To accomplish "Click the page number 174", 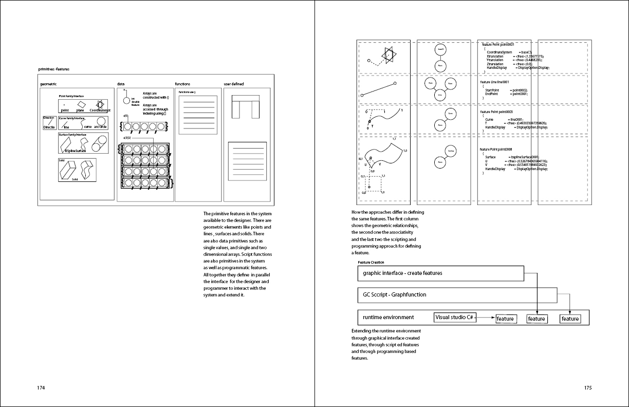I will (42, 388).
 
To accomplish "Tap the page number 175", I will (588, 388).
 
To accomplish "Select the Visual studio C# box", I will (454, 318).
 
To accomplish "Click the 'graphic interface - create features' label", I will (402, 273).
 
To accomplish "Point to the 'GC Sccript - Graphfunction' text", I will (394, 295).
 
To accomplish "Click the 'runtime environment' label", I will (388, 318).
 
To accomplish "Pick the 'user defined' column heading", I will (233, 84).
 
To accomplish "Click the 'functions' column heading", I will (182, 84).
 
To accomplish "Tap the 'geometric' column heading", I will (48, 84).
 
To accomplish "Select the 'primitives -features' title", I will (54, 69).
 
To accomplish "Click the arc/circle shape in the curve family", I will (101, 121).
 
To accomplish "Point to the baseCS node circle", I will (440, 49).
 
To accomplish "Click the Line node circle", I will (440, 95).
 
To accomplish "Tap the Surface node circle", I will (450, 151).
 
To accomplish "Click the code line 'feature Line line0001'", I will (494, 82).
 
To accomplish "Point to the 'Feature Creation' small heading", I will (371, 262).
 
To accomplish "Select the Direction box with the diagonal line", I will (49, 123).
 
